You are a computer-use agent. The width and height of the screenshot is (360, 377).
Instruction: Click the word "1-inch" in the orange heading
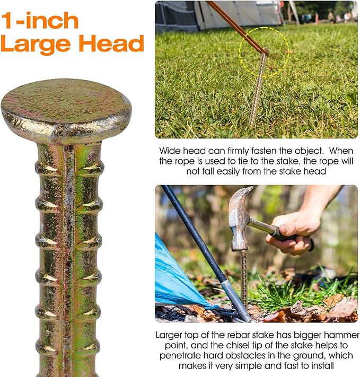[x=40, y=21]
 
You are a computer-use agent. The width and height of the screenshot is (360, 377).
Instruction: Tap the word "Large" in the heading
[x=36, y=43]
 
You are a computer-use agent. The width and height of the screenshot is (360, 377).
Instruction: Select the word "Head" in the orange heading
[x=111, y=43]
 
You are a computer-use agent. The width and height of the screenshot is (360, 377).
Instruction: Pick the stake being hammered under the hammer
[x=244, y=282]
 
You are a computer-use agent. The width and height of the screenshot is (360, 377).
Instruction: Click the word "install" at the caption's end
[x=322, y=366]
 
